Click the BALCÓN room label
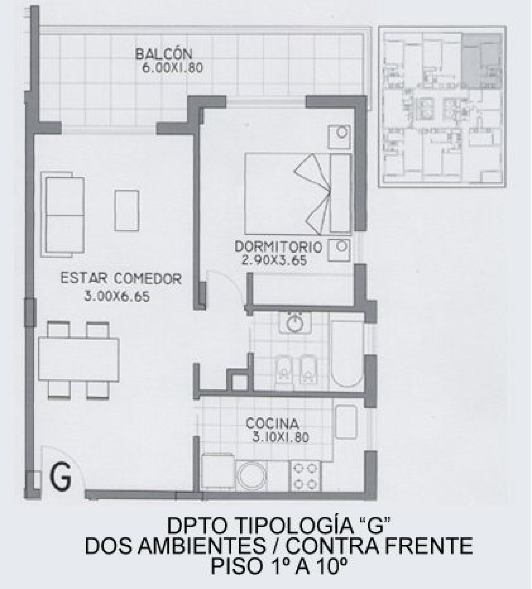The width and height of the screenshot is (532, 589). pyautogui.click(x=164, y=54)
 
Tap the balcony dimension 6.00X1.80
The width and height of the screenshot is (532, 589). pyautogui.click(x=172, y=68)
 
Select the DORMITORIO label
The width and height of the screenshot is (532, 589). pyautogui.click(x=278, y=247)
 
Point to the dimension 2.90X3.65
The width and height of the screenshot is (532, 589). pyautogui.click(x=275, y=260)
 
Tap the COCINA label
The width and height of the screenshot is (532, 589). pyautogui.click(x=272, y=423)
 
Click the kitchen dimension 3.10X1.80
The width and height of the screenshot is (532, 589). pyautogui.click(x=280, y=437)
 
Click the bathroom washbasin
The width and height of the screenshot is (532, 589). pyautogui.click(x=295, y=323)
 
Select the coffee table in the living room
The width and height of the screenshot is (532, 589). pyautogui.click(x=127, y=210)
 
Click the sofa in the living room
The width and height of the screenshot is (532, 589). pyautogui.click(x=63, y=215)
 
